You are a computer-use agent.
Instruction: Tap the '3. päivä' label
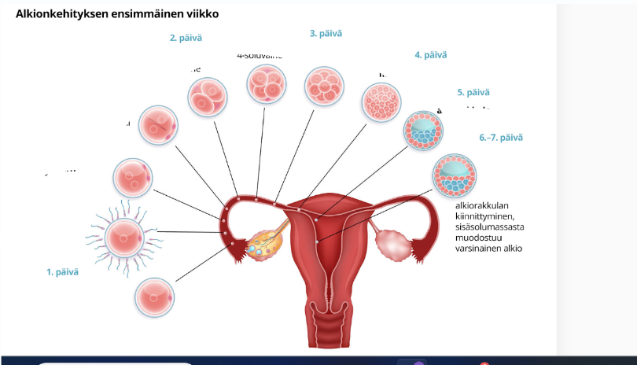pyautogui.click(x=326, y=34)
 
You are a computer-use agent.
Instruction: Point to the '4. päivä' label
pyautogui.click(x=430, y=55)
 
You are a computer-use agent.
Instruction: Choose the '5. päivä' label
pyautogui.click(x=473, y=93)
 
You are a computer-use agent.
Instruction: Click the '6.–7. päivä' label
pyautogui.click(x=501, y=138)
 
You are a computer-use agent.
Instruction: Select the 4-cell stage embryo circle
pyautogui.click(x=267, y=83)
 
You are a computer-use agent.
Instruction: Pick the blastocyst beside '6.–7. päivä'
pyautogui.click(x=453, y=175)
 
